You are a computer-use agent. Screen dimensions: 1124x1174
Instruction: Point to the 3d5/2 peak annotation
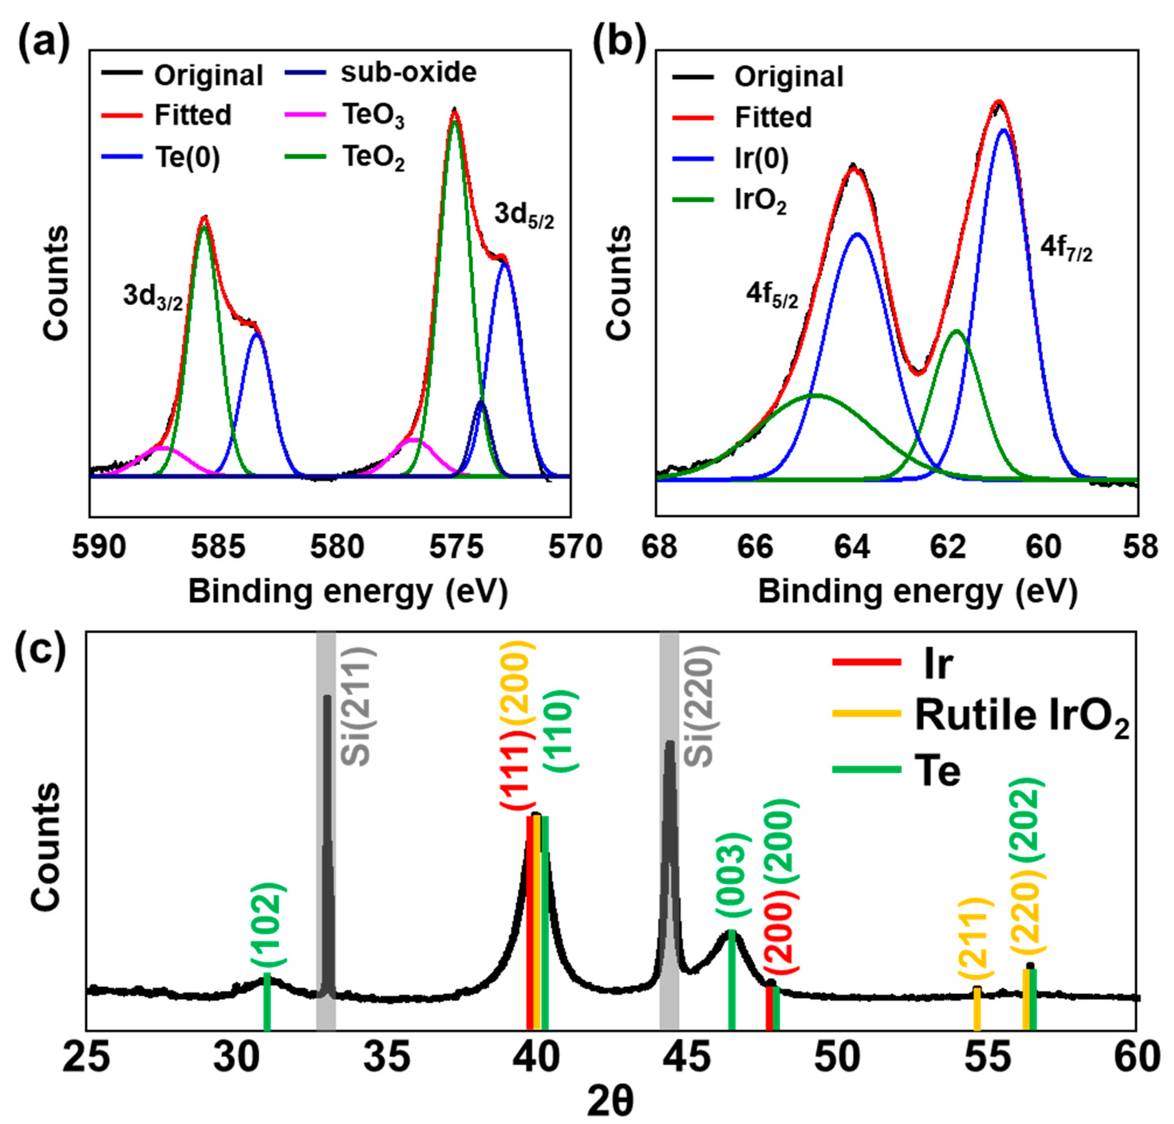tap(524, 216)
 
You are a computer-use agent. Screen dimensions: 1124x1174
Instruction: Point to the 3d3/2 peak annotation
tap(153, 297)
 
